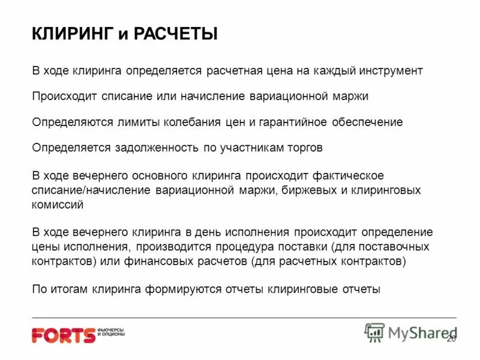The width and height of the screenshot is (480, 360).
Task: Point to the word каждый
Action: tap(334, 71)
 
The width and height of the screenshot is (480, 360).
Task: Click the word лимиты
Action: tap(139, 122)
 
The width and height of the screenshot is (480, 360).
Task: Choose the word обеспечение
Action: tap(367, 122)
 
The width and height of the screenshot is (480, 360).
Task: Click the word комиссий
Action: tap(57, 205)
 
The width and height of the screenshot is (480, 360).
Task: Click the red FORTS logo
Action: tap(64, 335)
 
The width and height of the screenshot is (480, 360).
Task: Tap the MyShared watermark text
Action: tap(422, 332)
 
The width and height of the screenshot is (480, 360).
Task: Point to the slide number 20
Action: tap(451, 339)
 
